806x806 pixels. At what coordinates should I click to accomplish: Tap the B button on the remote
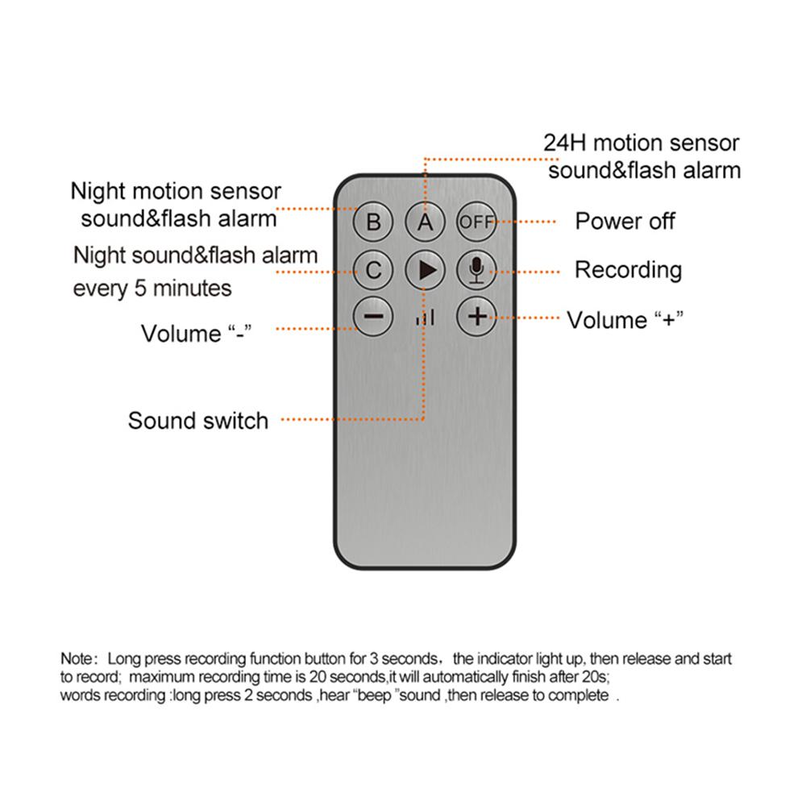pyautogui.click(x=373, y=222)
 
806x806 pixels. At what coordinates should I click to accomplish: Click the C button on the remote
pyautogui.click(x=373, y=270)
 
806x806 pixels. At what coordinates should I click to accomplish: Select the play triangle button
pyautogui.click(x=425, y=270)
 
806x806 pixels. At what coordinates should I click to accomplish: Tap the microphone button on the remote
pyautogui.click(x=476, y=270)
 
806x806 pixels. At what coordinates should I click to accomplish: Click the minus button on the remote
pyautogui.click(x=373, y=316)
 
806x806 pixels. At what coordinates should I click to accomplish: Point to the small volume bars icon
pyautogui.click(x=425, y=319)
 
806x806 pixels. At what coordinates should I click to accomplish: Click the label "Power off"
pyautogui.click(x=625, y=222)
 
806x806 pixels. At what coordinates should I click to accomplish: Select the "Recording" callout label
pyautogui.click(x=628, y=270)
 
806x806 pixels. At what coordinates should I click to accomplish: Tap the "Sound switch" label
pyautogui.click(x=198, y=420)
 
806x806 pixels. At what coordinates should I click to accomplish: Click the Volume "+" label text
pyautogui.click(x=625, y=320)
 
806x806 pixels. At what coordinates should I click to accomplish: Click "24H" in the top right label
pyautogui.click(x=563, y=143)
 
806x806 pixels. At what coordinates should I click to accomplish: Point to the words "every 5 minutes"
pyautogui.click(x=152, y=288)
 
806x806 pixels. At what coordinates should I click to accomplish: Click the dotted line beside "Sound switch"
pyautogui.click(x=355, y=419)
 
